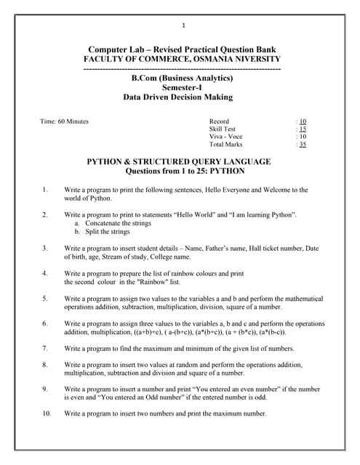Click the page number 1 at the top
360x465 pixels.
click(x=183, y=27)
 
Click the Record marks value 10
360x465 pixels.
click(x=303, y=121)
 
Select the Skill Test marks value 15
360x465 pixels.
click(x=303, y=129)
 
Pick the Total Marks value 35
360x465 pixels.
click(x=303, y=145)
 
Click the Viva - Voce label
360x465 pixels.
click(x=225, y=137)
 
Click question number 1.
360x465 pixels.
click(x=45, y=190)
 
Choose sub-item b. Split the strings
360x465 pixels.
click(x=104, y=232)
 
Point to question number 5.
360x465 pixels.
click(x=45, y=299)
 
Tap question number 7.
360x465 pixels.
click(x=45, y=349)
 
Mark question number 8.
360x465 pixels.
click(x=45, y=364)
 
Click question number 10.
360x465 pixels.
click(x=47, y=413)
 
